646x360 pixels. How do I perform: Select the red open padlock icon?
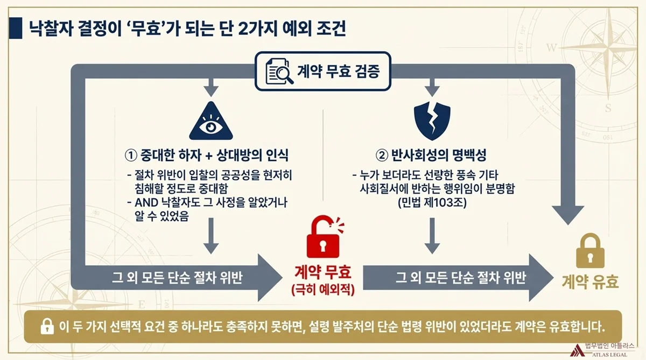pyautogui.click(x=321, y=237)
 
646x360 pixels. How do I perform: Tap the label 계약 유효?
pyautogui.click(x=590, y=281)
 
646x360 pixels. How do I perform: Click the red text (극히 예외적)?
pyautogui.click(x=322, y=290)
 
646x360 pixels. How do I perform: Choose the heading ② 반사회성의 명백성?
pyautogui.click(x=431, y=156)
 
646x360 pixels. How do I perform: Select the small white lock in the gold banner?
pyautogui.click(x=48, y=327)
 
